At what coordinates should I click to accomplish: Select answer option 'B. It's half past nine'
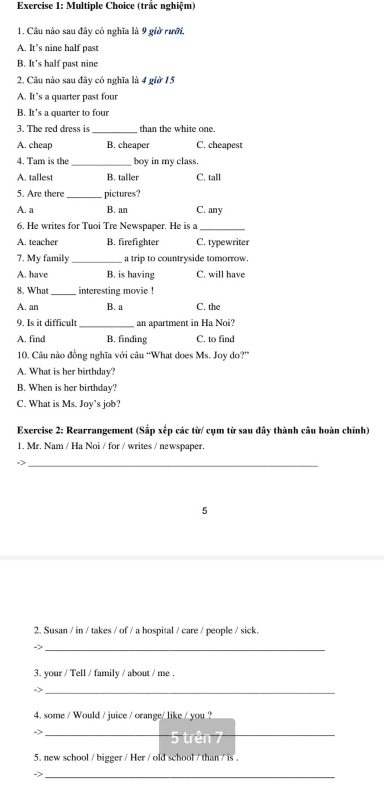click(57, 64)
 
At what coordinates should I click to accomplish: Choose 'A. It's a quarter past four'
click(67, 97)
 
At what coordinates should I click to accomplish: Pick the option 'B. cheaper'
click(128, 145)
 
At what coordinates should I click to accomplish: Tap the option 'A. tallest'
click(35, 177)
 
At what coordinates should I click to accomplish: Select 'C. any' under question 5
click(209, 210)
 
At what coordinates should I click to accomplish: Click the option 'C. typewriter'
click(223, 242)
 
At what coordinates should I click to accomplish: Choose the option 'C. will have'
click(220, 274)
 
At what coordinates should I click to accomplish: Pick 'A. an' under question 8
click(28, 307)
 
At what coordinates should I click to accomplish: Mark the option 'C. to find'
click(215, 339)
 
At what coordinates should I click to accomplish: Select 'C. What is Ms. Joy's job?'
click(69, 404)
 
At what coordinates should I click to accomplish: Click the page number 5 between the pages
click(204, 510)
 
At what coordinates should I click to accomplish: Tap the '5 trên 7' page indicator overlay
click(197, 737)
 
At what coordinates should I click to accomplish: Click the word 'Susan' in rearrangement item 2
click(55, 630)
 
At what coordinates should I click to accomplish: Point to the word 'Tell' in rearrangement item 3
click(78, 673)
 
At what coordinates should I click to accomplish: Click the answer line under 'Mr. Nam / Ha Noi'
click(172, 465)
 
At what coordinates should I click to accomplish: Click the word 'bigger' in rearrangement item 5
click(111, 757)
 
